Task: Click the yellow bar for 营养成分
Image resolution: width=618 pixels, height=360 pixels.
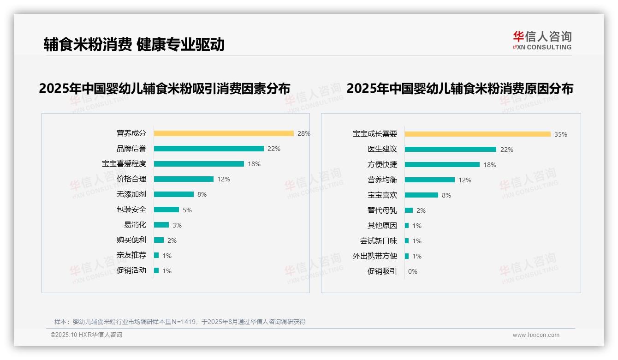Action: coord(224,133)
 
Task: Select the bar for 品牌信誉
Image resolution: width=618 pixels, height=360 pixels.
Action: coord(208,149)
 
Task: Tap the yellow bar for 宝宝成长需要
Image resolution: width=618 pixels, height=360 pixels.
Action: coord(477,134)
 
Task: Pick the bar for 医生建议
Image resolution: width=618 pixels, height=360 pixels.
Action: coord(450,150)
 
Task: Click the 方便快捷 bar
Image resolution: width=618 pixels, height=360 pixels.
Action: coord(442,165)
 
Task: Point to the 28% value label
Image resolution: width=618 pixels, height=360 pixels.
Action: coord(303,133)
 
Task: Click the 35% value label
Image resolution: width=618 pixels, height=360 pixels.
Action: coord(560,134)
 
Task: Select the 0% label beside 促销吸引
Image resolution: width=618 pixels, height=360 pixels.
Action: coord(412,271)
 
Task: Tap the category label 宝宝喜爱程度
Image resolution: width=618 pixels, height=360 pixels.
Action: coord(124,164)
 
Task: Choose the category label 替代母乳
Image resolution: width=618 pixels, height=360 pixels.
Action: coord(382,210)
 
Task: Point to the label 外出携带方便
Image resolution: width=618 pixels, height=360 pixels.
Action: coord(374,256)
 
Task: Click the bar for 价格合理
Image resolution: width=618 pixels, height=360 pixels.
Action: coord(184,179)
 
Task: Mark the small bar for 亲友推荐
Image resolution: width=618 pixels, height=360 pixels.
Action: coord(156,255)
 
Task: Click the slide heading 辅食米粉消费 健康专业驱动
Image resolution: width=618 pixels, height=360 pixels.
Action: coord(134,44)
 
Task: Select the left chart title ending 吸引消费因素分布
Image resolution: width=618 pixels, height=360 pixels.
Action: coord(165,88)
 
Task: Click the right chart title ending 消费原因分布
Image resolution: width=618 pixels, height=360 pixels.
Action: coord(459,88)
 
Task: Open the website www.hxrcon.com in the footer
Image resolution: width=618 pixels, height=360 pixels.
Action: coord(535,335)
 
